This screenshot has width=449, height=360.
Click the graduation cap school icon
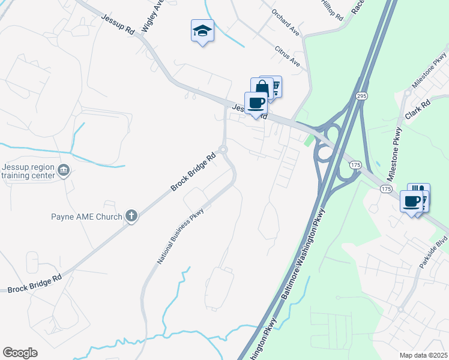pos(202,30)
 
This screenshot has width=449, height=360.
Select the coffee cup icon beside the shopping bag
pos(256,103)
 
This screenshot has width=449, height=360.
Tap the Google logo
pos(20,353)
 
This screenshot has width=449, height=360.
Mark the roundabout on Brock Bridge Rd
pos(223,149)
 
